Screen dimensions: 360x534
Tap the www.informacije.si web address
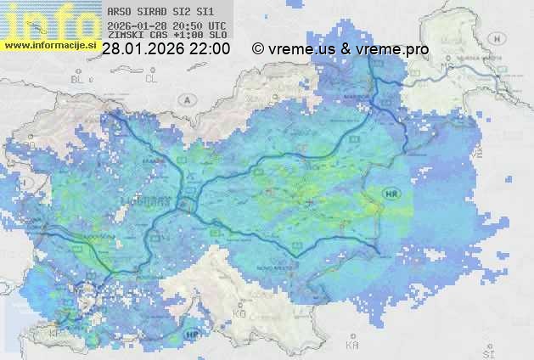click(49, 44)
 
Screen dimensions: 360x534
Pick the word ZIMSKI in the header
click(125, 36)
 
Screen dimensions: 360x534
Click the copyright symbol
click(258, 49)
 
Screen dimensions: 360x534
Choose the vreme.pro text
click(392, 49)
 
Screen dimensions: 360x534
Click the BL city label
click(79, 79)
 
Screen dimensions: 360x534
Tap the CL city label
click(152, 79)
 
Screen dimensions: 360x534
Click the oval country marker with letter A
click(186, 99)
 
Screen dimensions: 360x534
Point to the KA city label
click(352, 345)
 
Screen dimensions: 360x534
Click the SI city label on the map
click(486, 351)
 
